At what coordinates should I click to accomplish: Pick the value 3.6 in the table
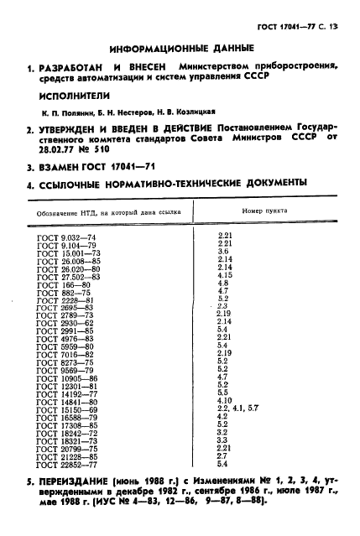[223, 252]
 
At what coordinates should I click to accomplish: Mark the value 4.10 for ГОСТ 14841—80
[225, 399]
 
